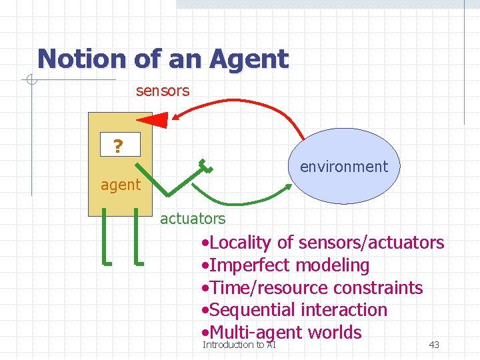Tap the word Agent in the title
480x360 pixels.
point(249,59)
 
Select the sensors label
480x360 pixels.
point(163,91)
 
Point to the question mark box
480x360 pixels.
point(118,144)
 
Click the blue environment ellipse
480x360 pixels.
point(345,166)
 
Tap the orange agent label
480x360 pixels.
point(121,185)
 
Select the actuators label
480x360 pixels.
point(193,218)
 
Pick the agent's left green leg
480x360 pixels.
point(106,236)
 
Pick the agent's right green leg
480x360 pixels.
point(137,236)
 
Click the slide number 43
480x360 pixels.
point(434,345)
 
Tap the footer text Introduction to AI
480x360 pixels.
point(239,345)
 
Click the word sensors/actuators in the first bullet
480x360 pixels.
point(371,243)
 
